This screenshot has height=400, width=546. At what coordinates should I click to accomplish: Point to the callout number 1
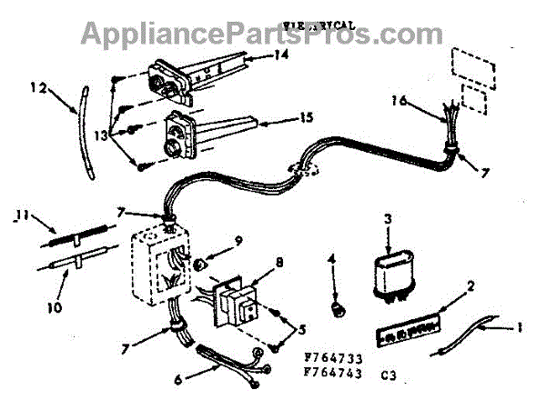pyautogui.click(x=521, y=328)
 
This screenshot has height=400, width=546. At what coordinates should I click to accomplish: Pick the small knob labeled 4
pyautogui.click(x=339, y=312)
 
